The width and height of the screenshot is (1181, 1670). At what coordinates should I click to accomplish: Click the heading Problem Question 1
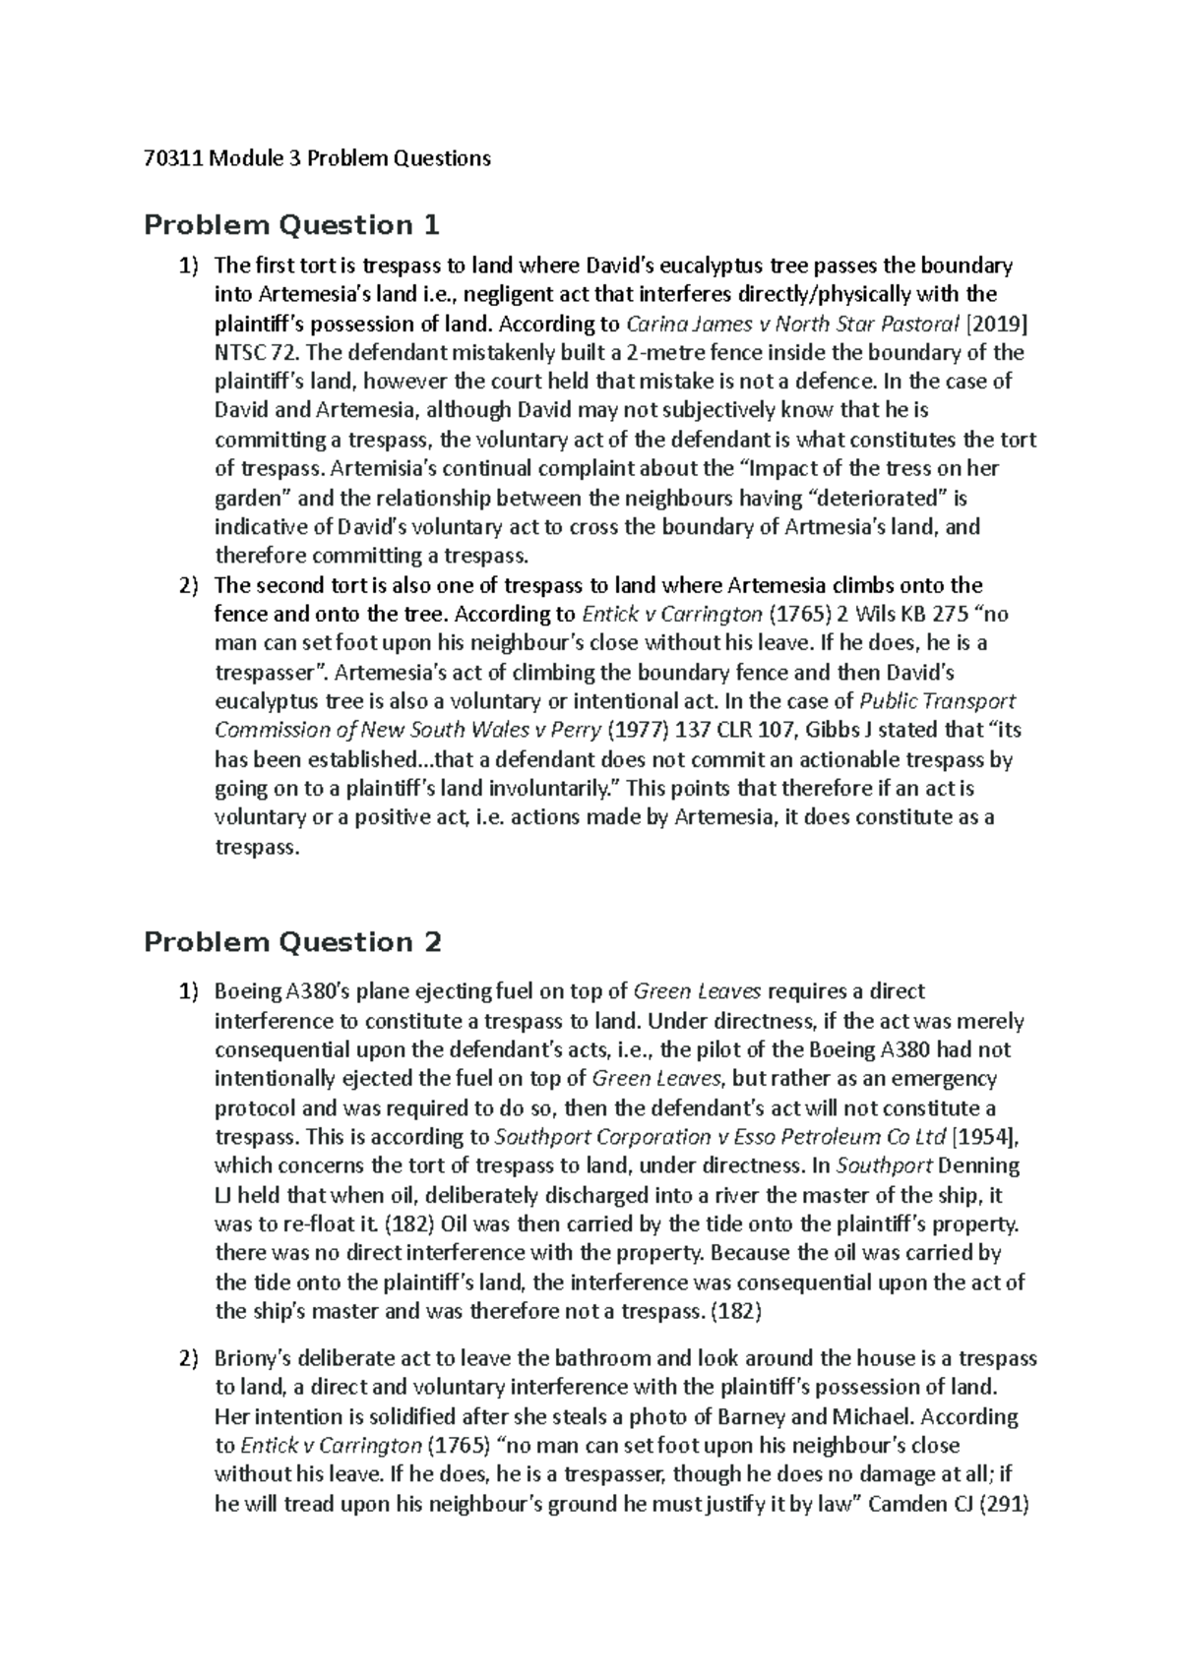tap(291, 225)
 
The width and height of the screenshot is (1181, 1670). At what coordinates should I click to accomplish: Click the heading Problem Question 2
tap(292, 942)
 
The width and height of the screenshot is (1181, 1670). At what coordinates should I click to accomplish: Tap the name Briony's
tap(252, 1359)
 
